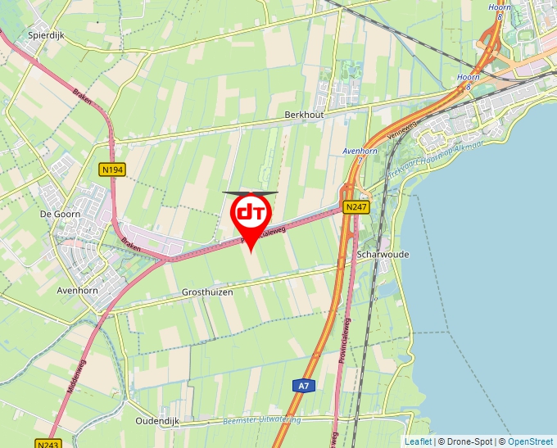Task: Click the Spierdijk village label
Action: (x=46, y=36)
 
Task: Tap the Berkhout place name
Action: (x=305, y=115)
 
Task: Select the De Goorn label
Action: (x=57, y=213)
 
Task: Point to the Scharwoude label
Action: (x=383, y=255)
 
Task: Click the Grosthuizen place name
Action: (x=207, y=292)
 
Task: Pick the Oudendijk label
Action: (x=157, y=420)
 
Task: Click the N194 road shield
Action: (x=112, y=170)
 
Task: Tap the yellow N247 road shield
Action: (x=356, y=207)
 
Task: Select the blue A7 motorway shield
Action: (x=303, y=385)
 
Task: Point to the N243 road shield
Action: (x=47, y=444)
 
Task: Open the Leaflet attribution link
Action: (x=418, y=441)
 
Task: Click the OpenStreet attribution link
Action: (x=530, y=441)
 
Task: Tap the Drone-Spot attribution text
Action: (x=464, y=441)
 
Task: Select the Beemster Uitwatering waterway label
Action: (x=261, y=421)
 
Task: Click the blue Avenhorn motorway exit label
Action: (x=359, y=152)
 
